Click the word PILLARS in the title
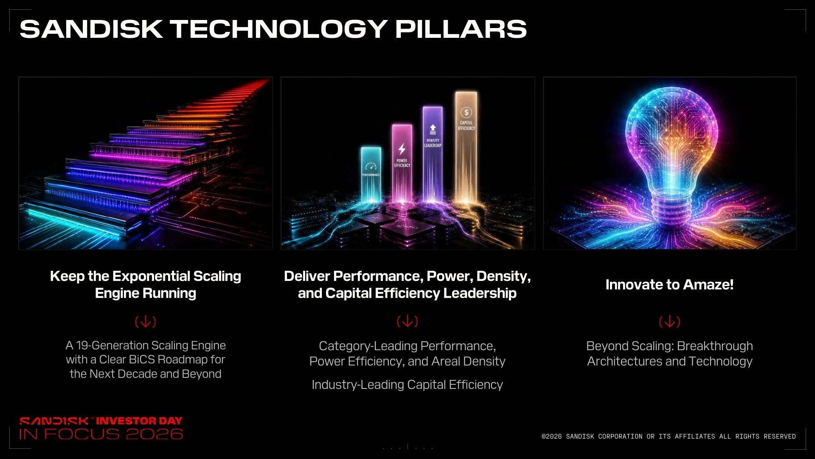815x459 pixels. click(461, 29)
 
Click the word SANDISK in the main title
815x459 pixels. click(91, 29)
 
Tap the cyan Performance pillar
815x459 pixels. click(371, 174)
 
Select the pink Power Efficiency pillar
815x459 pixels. click(402, 163)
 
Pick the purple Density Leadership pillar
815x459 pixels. click(433, 154)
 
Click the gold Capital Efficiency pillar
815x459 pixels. click(466, 147)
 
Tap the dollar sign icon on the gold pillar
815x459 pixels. click(466, 113)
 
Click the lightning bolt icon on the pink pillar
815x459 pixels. click(402, 149)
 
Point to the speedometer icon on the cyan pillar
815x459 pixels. click(371, 166)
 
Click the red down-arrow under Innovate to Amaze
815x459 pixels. click(669, 322)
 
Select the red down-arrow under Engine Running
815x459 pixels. click(146, 322)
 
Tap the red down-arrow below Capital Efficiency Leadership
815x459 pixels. click(407, 322)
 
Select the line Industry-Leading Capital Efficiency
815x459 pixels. click(407, 385)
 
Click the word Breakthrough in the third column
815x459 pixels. click(715, 346)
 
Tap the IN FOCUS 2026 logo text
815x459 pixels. click(101, 434)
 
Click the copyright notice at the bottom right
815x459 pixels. click(669, 436)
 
